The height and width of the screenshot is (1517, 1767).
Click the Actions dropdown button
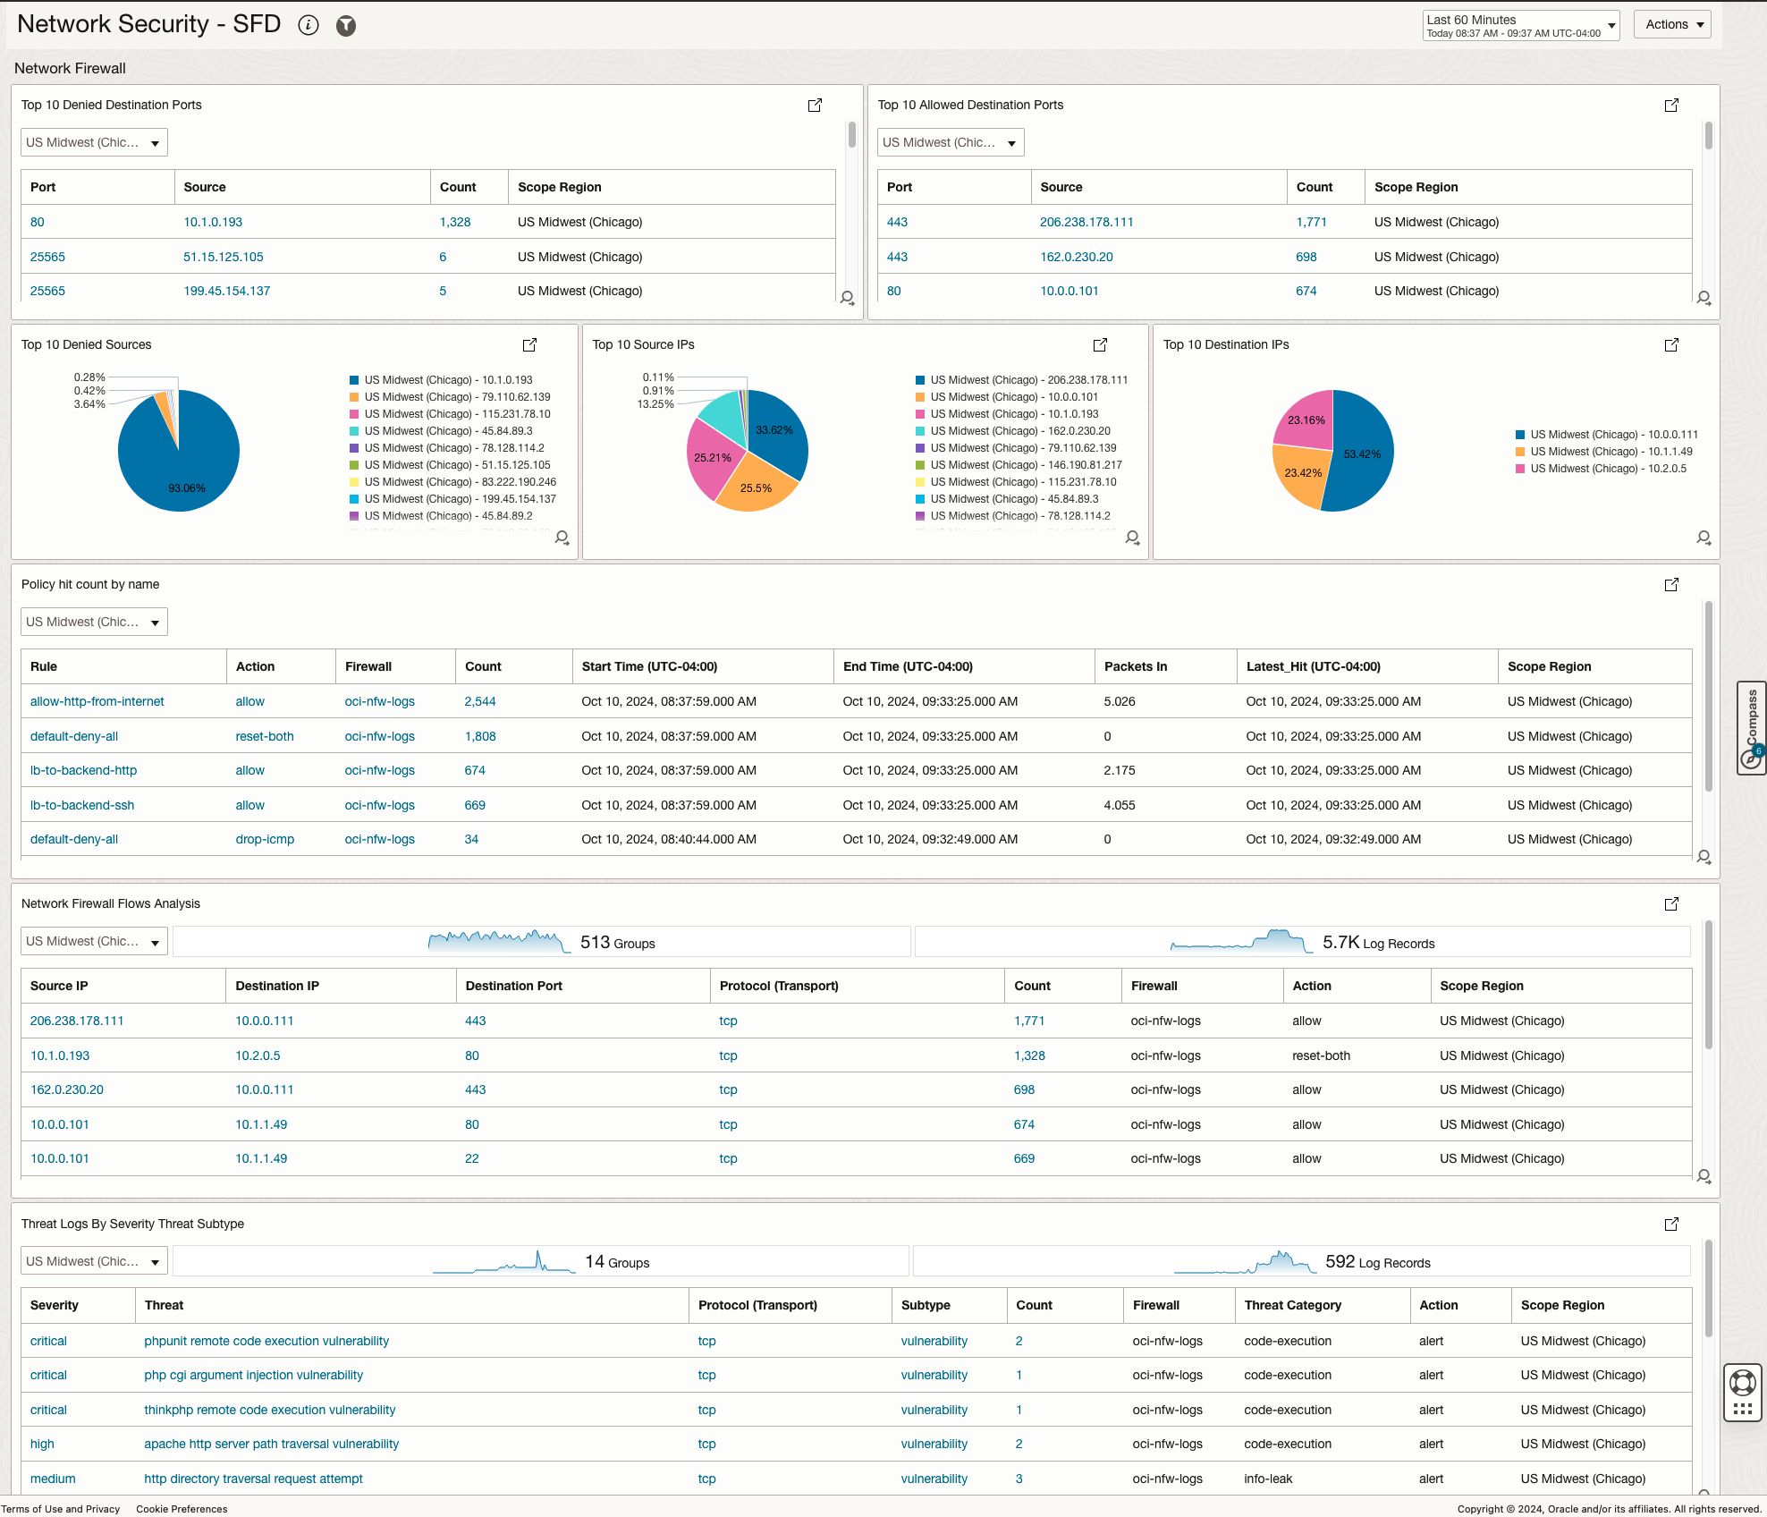click(1671, 24)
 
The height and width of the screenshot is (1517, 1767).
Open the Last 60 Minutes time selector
click(1520, 25)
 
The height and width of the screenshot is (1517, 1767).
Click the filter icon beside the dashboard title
click(346, 26)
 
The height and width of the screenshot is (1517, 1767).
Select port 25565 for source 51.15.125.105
click(47, 257)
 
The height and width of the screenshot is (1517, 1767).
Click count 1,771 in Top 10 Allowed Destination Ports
click(1311, 222)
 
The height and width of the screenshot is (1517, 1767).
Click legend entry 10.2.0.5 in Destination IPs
click(1607, 469)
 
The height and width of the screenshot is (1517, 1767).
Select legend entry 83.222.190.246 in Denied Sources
click(460, 482)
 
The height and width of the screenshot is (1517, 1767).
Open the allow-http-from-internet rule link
click(97, 701)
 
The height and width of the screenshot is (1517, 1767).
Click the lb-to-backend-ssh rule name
click(82, 805)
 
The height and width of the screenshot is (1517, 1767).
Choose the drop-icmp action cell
click(265, 839)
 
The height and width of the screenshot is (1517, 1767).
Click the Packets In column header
click(1135, 666)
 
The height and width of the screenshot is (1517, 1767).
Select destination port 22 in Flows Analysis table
click(471, 1158)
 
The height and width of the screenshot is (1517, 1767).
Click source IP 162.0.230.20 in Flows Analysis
click(67, 1089)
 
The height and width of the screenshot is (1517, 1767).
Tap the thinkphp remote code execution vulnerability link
click(269, 1410)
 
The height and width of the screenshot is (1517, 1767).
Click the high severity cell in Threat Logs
click(42, 1444)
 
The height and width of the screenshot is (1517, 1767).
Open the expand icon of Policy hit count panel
click(1670, 584)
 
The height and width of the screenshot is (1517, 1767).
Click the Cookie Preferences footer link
click(182, 1509)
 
